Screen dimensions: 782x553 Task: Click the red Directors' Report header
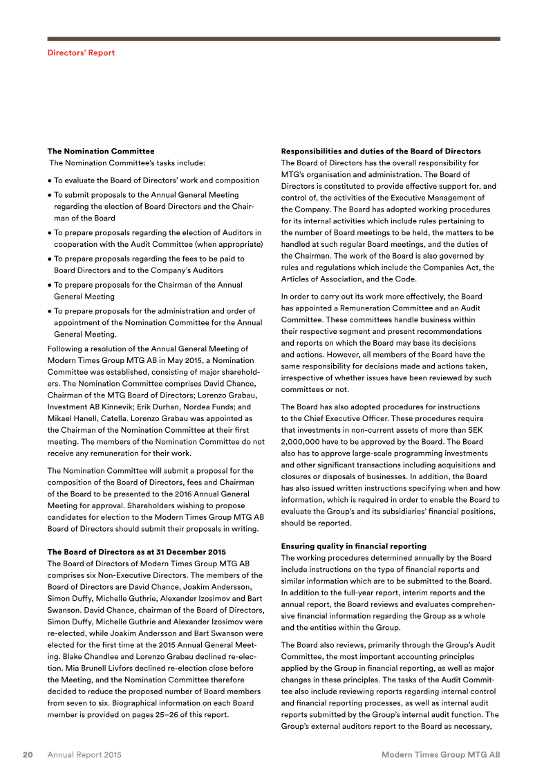click(81, 53)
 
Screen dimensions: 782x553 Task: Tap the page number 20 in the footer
click(28, 755)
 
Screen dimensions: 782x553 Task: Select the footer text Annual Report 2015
click(84, 755)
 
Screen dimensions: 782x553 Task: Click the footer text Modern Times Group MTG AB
click(440, 755)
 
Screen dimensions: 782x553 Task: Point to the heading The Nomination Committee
click(101, 151)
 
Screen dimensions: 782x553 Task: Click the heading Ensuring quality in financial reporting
click(353, 546)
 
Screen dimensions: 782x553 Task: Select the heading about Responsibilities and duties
click(381, 151)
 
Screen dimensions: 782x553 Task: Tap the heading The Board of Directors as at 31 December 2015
click(136, 552)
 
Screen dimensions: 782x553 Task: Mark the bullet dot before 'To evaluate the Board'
click(49, 180)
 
